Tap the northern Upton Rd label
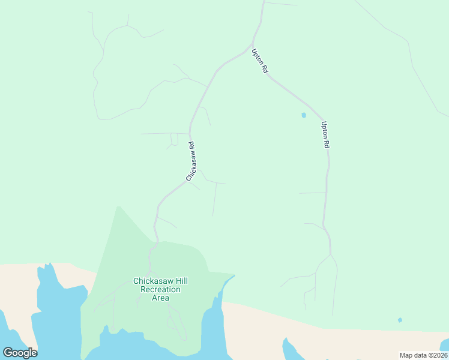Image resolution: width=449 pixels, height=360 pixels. [260, 61]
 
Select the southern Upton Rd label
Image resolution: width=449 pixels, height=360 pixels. [325, 135]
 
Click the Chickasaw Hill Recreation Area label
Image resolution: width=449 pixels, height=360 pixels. [156, 289]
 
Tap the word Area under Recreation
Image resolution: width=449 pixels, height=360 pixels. [160, 298]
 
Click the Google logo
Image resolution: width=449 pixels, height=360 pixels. [20, 352]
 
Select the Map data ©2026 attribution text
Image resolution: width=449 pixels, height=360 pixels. [423, 355]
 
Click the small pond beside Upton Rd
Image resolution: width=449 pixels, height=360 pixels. [304, 115]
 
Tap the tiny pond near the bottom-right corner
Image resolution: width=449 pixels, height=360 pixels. [400, 320]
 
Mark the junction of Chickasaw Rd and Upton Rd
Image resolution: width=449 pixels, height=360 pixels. [252, 45]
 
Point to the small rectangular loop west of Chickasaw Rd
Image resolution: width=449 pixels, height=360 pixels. [174, 139]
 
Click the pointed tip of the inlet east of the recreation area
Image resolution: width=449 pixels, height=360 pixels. [234, 276]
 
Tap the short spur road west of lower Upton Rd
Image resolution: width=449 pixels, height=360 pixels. [312, 193]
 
